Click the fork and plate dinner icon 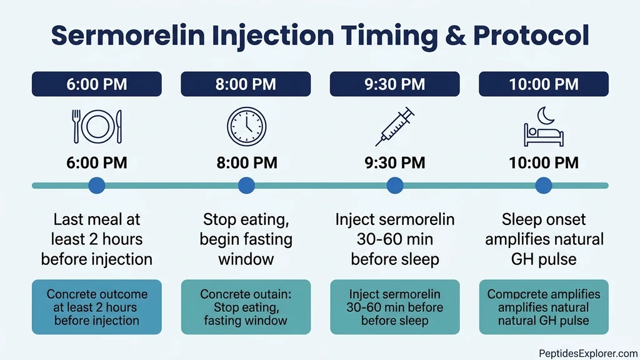tap(97, 127)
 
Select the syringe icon tap(394, 127)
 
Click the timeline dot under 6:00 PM tap(97, 185)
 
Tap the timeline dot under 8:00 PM tap(246, 185)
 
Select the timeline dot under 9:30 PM tap(394, 185)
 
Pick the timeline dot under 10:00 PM tap(543, 185)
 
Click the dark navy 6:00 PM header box tap(97, 84)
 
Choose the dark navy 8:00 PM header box tap(246, 84)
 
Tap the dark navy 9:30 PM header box tap(394, 84)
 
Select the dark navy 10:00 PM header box tap(543, 84)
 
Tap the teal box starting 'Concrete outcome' tap(97, 307)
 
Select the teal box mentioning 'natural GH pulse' tap(543, 307)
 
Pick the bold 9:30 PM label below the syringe tap(394, 163)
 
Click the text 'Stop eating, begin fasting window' tap(246, 239)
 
